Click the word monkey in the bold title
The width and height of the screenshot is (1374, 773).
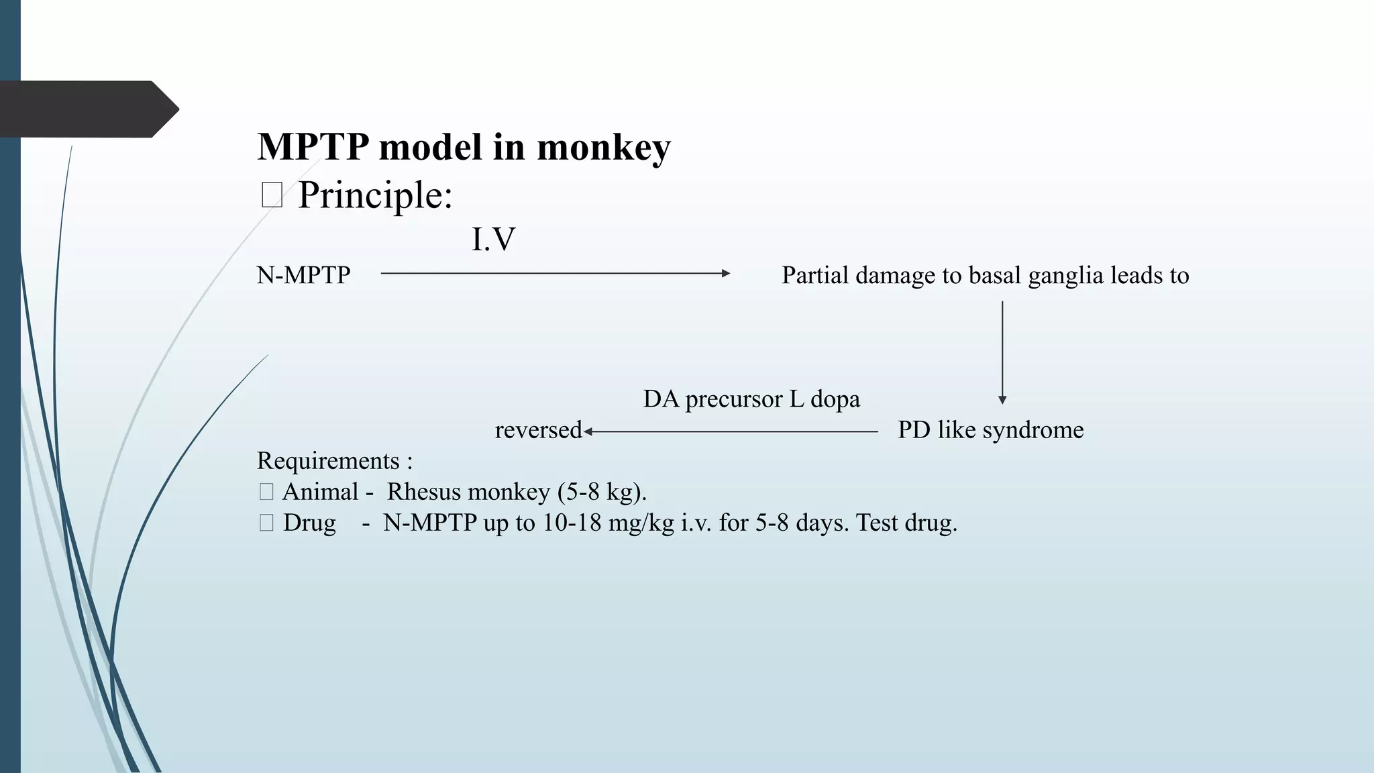click(603, 147)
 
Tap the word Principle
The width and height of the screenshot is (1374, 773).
click(375, 195)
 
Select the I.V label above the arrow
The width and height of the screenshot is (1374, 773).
click(493, 240)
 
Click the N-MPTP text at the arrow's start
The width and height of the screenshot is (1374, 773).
click(303, 275)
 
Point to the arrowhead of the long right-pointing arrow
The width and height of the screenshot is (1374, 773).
click(726, 273)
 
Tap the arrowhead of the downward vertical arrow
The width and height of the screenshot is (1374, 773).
click(1002, 400)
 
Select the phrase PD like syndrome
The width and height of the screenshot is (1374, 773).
click(990, 429)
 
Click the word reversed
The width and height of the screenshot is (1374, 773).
click(538, 429)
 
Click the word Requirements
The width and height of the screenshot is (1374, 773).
click(328, 461)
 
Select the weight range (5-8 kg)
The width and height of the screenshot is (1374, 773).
click(601, 492)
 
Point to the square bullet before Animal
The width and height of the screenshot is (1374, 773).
click(266, 493)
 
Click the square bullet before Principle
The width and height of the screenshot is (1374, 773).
click(272, 195)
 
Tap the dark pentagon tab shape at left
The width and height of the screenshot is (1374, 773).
click(87, 109)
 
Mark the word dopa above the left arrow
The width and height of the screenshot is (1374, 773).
click(835, 399)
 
